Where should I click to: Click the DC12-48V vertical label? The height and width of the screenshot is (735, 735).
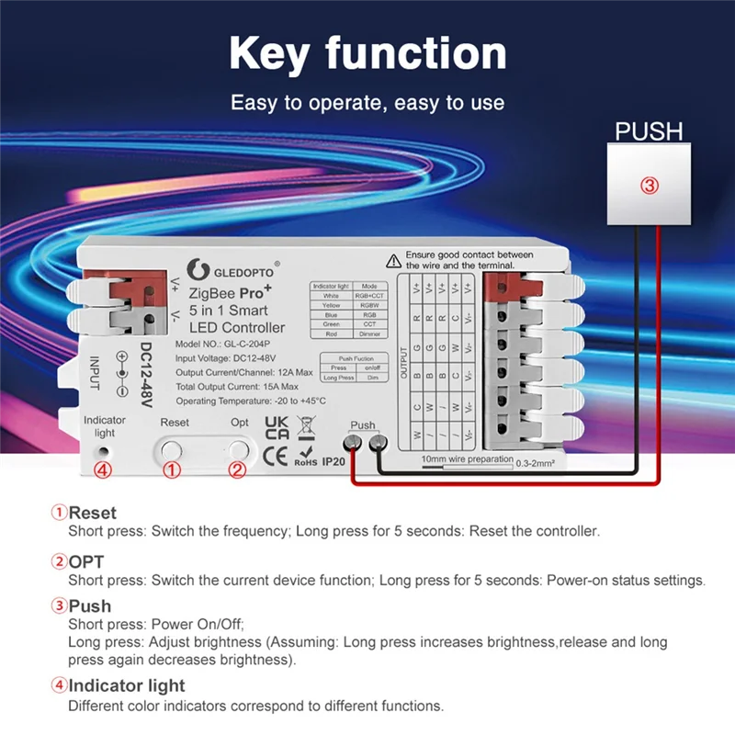click(146, 376)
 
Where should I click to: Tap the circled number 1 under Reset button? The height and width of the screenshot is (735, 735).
click(171, 470)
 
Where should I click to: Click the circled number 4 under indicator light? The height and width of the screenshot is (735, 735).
click(103, 470)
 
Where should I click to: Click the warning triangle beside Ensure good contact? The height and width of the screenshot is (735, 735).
click(392, 259)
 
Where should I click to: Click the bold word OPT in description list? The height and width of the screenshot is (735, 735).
click(88, 560)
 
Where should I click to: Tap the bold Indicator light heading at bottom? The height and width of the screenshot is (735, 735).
click(127, 685)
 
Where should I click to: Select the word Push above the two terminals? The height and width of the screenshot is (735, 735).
click(363, 426)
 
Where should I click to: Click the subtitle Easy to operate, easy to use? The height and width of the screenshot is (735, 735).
click(367, 103)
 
